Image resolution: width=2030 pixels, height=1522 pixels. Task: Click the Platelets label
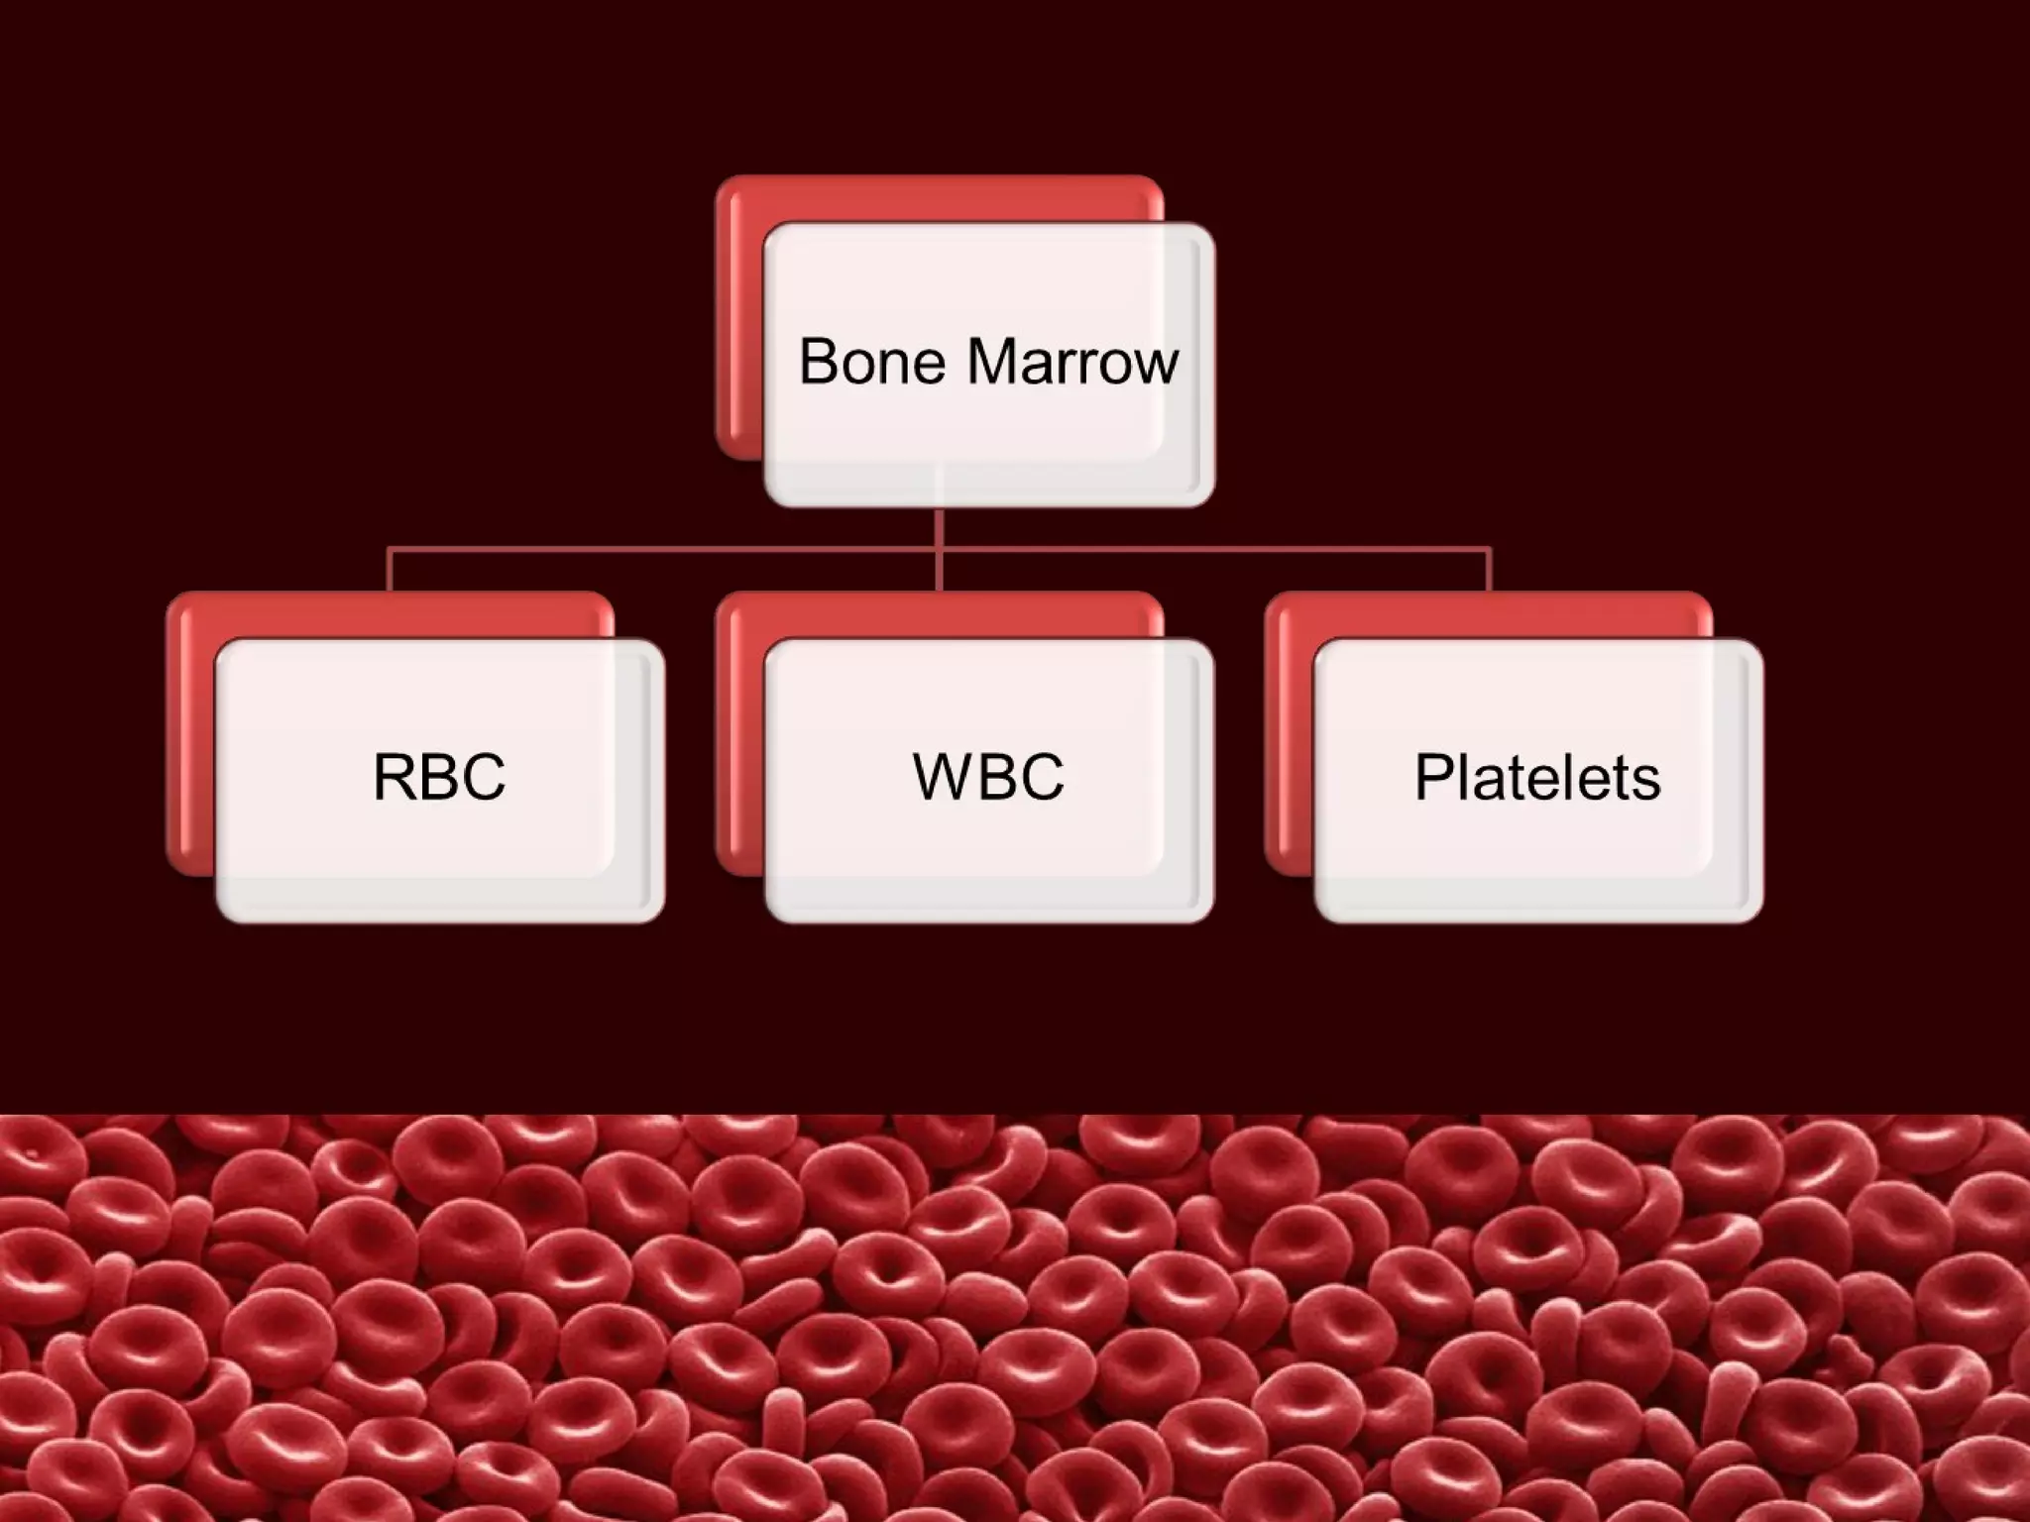(x=1537, y=777)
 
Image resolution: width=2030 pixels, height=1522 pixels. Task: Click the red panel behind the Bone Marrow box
(x=738, y=317)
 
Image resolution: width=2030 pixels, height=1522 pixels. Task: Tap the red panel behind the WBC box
(x=739, y=733)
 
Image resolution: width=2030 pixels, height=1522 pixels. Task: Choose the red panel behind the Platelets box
(x=1289, y=733)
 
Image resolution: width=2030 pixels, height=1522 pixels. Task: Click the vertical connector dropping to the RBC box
(x=390, y=571)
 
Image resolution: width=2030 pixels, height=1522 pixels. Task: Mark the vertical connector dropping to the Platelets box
(x=1489, y=571)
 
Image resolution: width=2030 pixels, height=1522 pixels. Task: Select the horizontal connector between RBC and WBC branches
(x=664, y=547)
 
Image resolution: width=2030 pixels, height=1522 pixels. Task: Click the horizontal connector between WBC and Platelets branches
(x=1214, y=547)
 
